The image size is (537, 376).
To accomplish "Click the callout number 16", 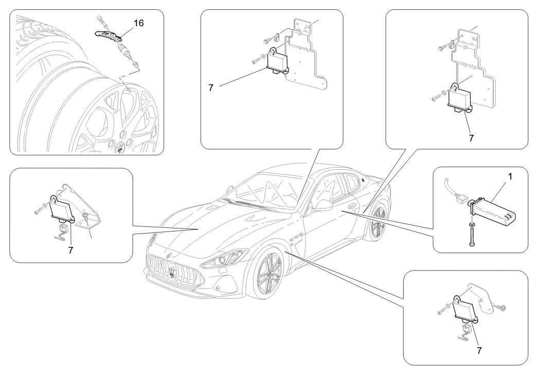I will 138,24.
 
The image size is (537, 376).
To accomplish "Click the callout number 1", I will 510,176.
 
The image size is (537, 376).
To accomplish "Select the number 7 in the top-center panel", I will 211,87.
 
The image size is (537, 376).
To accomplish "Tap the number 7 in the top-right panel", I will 471,138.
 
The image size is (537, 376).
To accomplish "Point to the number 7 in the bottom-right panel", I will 480,350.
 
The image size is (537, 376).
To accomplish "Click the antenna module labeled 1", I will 494,211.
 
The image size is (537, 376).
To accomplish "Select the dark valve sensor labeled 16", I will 110,36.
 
